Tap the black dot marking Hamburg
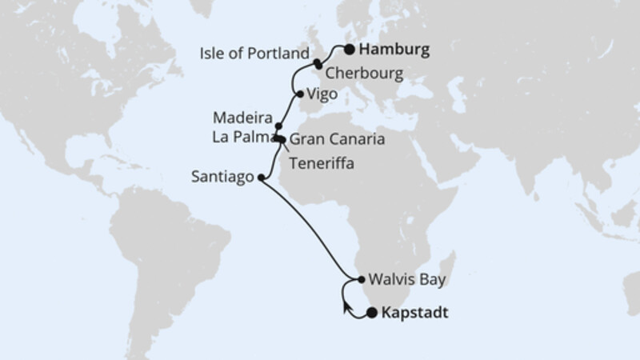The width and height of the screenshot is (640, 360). (x=350, y=50)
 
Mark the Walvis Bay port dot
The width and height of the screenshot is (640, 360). (x=362, y=280)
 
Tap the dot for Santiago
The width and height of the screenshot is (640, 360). (x=261, y=179)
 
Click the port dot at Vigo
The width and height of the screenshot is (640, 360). (x=300, y=94)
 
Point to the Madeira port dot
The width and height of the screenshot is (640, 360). (x=278, y=126)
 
